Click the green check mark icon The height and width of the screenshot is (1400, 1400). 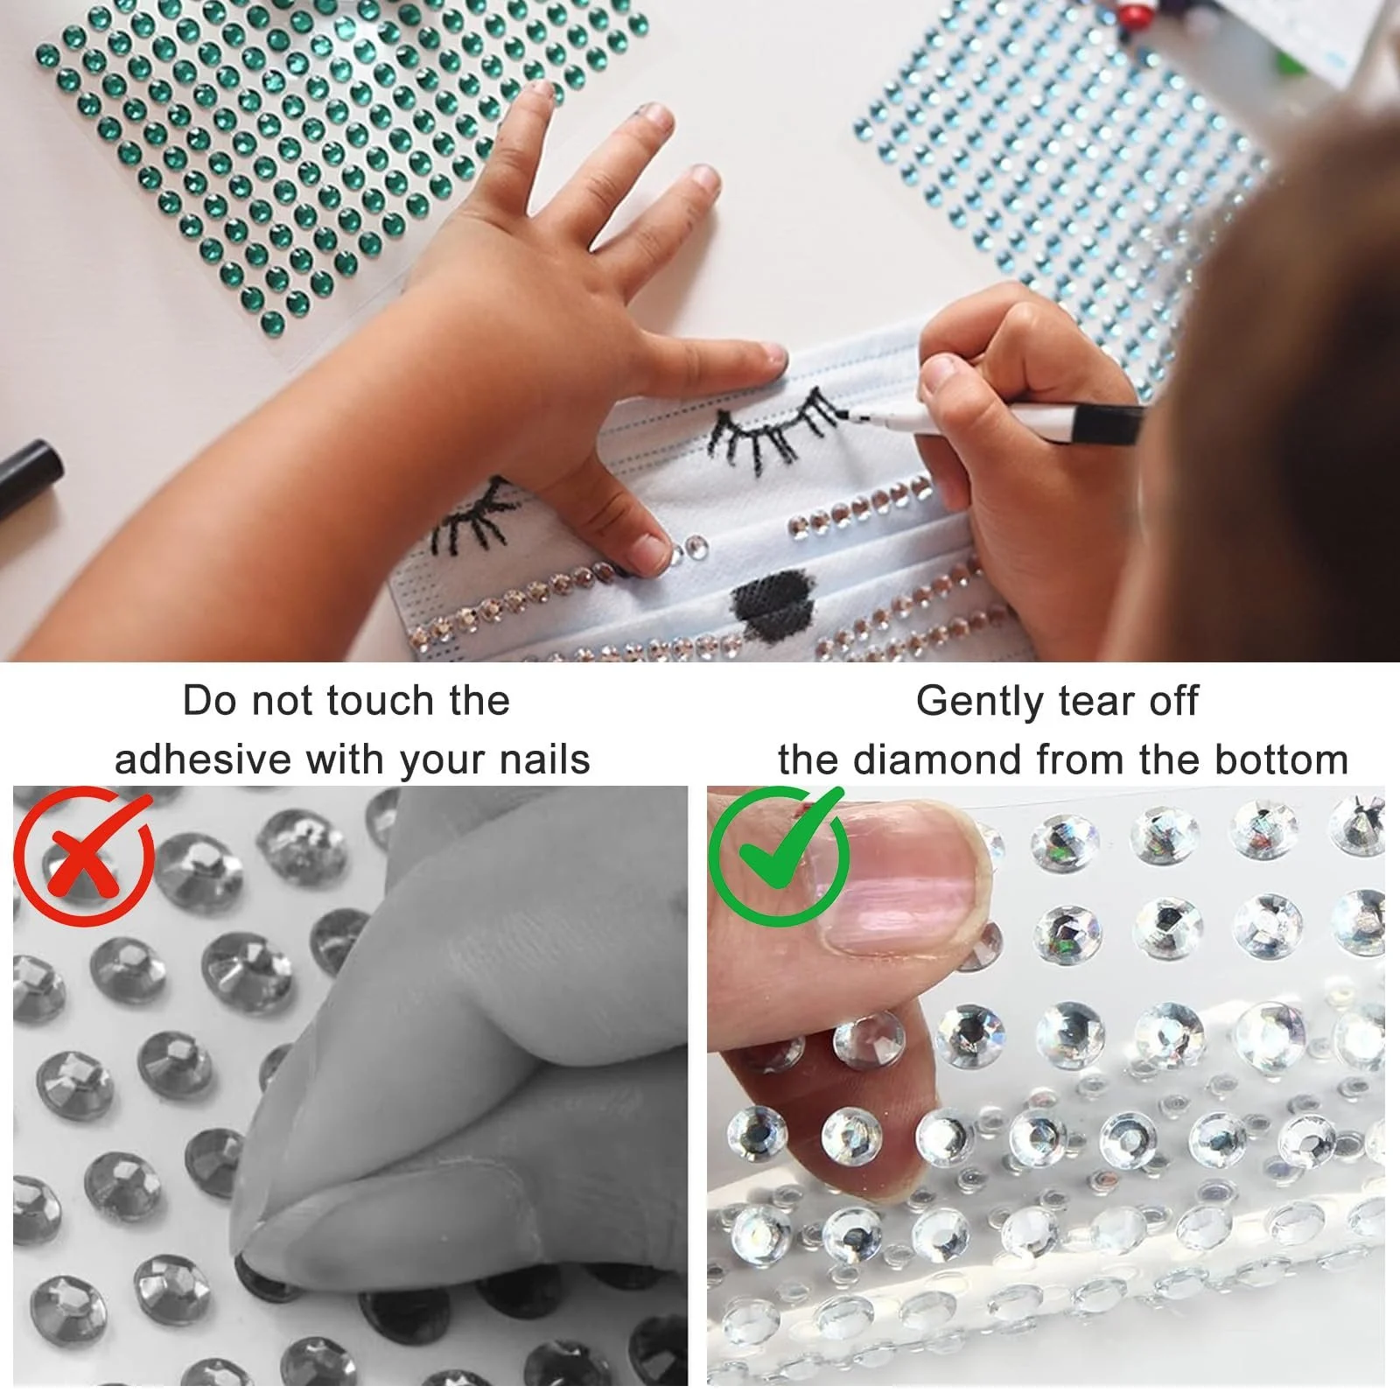tap(779, 855)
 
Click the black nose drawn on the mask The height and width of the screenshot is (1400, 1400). tap(771, 597)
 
